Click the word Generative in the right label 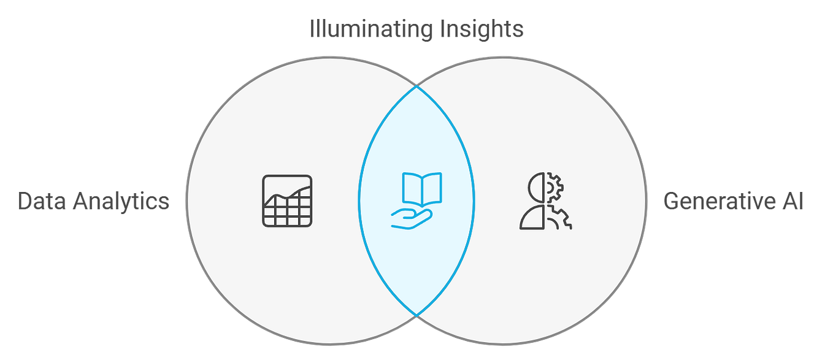point(716,202)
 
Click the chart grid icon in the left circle point(287,200)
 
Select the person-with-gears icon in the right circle point(545,201)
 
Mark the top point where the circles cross point(416,86)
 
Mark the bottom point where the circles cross point(416,316)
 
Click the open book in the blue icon point(421,188)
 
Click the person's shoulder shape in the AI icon point(531,217)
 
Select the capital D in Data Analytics point(25,202)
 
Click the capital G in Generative point(672,202)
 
